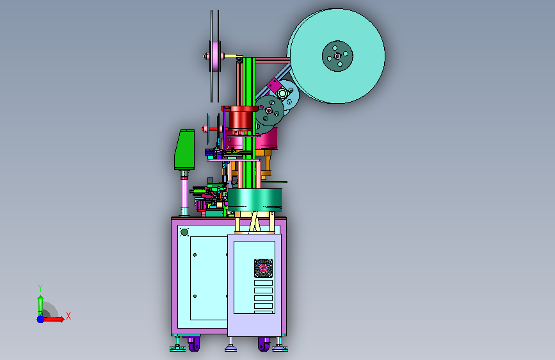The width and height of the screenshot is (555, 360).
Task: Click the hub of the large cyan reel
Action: coord(337,56)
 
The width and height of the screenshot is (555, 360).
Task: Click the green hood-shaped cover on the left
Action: coord(184,149)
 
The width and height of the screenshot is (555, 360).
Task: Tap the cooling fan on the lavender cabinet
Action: coord(263,268)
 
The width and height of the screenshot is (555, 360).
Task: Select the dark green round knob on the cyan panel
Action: coord(184,232)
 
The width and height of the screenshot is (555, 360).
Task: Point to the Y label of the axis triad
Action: coord(40,288)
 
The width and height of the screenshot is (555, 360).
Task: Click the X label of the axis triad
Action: coord(68,316)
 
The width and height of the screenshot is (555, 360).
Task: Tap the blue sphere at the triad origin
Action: coord(41,319)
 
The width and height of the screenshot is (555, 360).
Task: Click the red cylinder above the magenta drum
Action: coord(241,118)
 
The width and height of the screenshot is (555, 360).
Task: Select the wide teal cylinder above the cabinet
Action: coord(255,199)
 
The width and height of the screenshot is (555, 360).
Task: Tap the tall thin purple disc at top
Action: coord(215,56)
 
